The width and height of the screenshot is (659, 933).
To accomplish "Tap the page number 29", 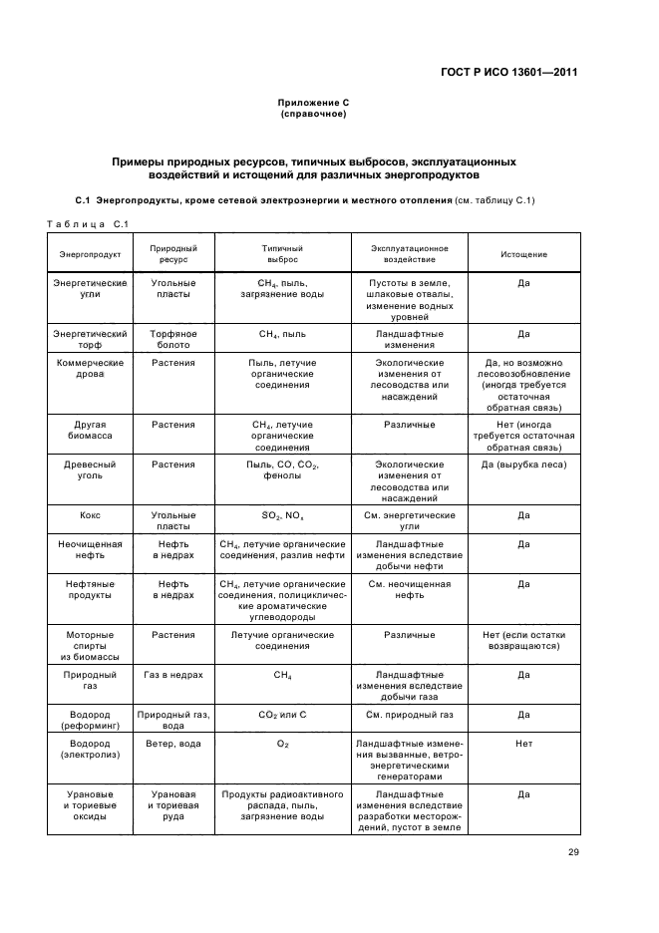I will (573, 851).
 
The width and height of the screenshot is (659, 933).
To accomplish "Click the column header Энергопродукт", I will (90, 254).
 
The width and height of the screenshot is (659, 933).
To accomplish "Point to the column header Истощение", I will (523, 254).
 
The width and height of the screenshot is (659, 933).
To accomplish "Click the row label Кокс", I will (90, 515).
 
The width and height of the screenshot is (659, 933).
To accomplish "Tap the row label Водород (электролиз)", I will (90, 749).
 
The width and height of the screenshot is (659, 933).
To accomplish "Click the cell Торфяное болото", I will (173, 340).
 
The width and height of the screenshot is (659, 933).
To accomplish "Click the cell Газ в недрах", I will (173, 675).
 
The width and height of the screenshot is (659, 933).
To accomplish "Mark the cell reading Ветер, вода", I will (173, 744).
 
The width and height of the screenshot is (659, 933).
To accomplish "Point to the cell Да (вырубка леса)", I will (523, 465).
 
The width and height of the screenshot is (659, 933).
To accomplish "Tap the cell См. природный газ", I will (409, 715).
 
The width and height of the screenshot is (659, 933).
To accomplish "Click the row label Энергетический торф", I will (90, 340).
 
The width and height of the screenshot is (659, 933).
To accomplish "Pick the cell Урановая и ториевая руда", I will (173, 805).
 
